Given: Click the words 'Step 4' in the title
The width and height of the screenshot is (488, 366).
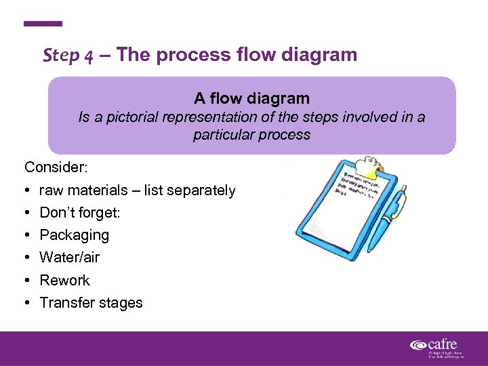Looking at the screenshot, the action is click(68, 55).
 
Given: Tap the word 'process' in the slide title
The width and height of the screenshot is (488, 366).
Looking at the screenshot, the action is click(192, 55).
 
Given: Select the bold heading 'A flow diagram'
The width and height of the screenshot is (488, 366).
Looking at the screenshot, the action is click(251, 99).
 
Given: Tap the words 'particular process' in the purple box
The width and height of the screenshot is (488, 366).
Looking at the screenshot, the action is click(251, 134).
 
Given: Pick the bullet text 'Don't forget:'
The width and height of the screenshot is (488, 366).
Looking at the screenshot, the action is click(80, 213).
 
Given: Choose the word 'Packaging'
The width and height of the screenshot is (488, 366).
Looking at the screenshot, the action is click(74, 235).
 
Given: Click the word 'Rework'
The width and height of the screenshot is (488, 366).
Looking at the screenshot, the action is click(64, 280).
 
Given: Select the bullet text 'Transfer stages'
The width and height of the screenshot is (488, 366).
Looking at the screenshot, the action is click(91, 302).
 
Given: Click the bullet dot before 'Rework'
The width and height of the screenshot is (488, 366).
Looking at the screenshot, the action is click(28, 280).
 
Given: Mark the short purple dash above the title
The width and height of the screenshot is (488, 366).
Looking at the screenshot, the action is click(43, 24).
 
